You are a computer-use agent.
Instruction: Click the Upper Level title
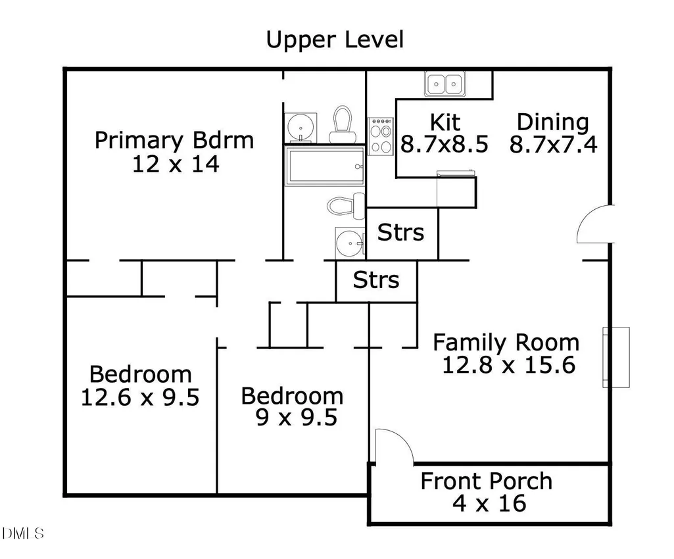pos(335,39)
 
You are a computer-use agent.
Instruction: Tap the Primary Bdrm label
pos(174,141)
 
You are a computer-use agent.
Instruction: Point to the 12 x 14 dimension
pos(176,164)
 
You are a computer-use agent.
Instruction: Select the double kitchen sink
pos(445,84)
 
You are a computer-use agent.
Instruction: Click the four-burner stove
pos(381,136)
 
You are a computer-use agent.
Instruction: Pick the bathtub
pos(325,166)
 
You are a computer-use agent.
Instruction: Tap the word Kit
pos(445,122)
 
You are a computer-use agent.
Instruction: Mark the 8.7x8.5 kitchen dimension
pos(445,145)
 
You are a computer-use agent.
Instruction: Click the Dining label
pos(553,122)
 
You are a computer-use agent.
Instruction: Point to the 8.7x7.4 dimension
pos(553,145)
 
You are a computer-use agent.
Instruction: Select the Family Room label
pos(506,343)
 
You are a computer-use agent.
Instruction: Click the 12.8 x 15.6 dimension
pos(508,365)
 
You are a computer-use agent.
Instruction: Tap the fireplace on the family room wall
pos(616,357)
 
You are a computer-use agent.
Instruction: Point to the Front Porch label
pos(486,481)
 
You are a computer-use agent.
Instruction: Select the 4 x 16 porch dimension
pos(489,504)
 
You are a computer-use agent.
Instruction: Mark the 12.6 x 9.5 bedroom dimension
pos(140,397)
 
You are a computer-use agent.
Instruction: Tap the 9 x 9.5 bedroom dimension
pos(297,418)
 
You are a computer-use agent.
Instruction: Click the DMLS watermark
pos(23,533)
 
